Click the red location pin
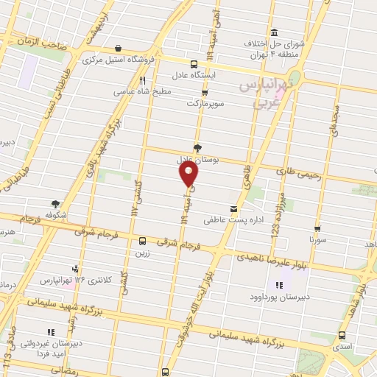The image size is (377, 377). pyautogui.click(x=189, y=173)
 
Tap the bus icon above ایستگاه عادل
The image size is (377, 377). pyautogui.click(x=194, y=64)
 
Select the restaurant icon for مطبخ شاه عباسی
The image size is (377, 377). pyautogui.click(x=143, y=81)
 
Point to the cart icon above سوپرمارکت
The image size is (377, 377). pyautogui.click(x=204, y=93)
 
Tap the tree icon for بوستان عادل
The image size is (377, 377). pyautogui.click(x=197, y=147)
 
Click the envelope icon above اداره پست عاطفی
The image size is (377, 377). pyautogui.click(x=233, y=208)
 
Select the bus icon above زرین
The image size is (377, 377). pyautogui.click(x=142, y=241)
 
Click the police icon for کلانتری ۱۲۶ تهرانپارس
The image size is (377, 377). pyautogui.click(x=74, y=269)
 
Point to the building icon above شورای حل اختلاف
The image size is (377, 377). pyautogui.click(x=274, y=32)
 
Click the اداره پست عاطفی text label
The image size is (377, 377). pyautogui.click(x=213, y=219)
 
